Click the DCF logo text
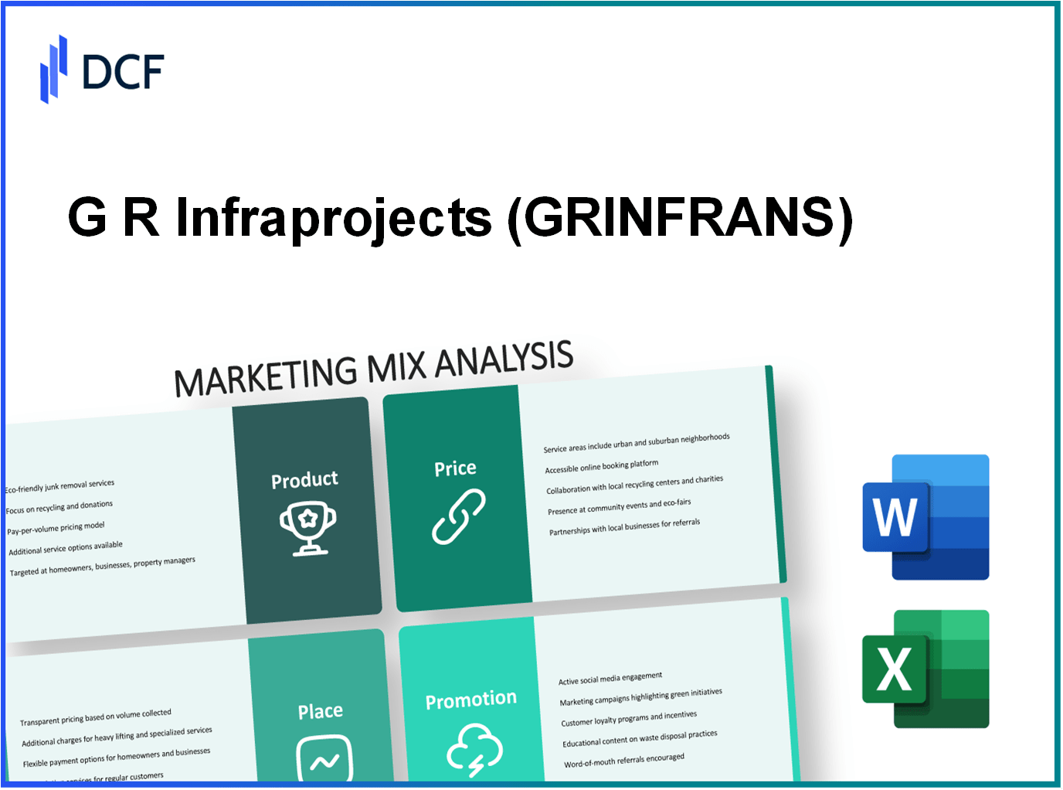123,72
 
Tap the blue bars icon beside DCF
53,70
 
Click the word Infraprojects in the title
334,217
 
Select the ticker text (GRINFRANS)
680,217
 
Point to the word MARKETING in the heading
265,375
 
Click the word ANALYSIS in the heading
504,359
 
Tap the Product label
304,480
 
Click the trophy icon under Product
307,528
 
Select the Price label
455,468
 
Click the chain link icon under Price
458,516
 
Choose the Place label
321,711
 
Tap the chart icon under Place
324,759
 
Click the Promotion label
470,700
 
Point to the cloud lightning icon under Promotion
474,748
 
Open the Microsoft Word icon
925,517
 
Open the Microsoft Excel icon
925,669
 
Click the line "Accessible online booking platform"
602,466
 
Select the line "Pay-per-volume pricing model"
56,529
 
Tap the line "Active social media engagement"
610,678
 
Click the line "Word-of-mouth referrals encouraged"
624,761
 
